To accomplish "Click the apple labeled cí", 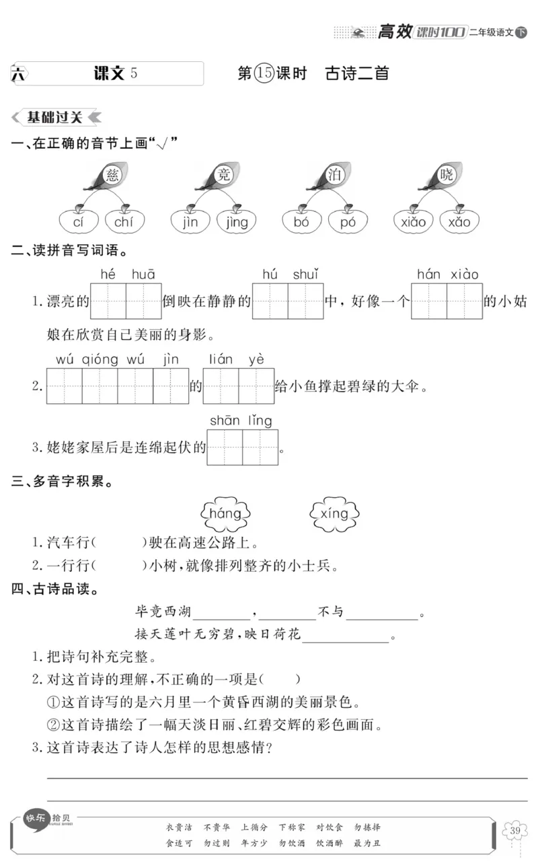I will (79, 221).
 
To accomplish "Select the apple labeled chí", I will (124, 221).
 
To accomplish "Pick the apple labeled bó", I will (301, 221).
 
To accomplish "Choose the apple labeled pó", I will (348, 221).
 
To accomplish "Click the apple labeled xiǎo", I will (413, 221).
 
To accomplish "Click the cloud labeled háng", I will (225, 515).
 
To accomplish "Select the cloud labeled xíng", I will (334, 514).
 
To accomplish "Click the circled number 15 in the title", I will (264, 73).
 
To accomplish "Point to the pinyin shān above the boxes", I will (225, 421).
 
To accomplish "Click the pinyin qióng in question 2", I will (100, 359).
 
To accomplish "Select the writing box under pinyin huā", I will (143, 301).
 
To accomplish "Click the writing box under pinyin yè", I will (256, 386).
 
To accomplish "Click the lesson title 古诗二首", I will (356, 73).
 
